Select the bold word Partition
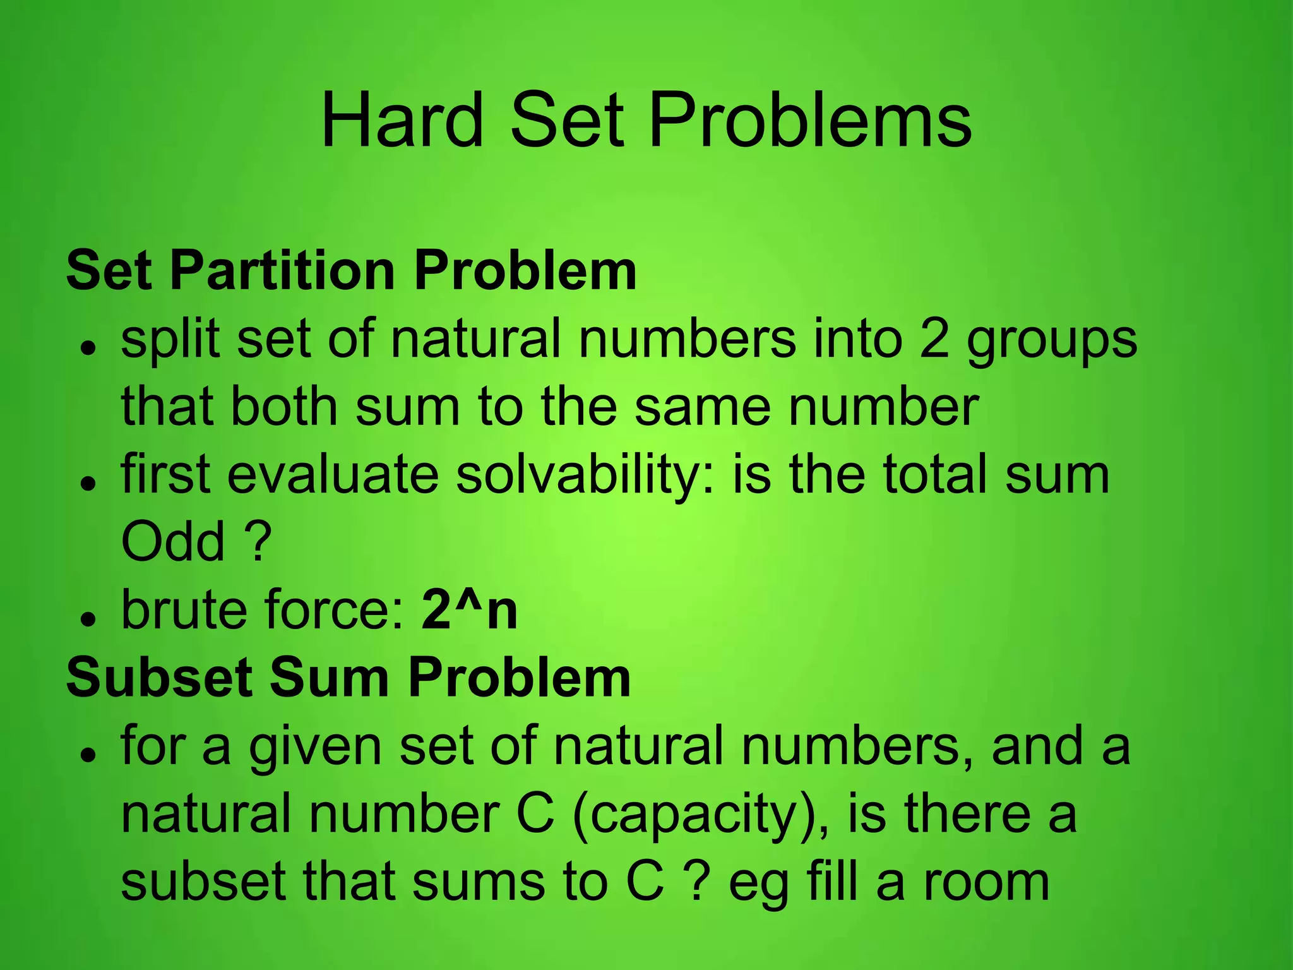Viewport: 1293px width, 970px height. coord(283,271)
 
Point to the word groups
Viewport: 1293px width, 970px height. coord(1052,341)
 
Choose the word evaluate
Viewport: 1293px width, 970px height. coord(333,475)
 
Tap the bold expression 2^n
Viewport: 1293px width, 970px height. coord(470,610)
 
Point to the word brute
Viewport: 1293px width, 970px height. coord(183,610)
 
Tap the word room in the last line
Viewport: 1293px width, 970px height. coord(986,882)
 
